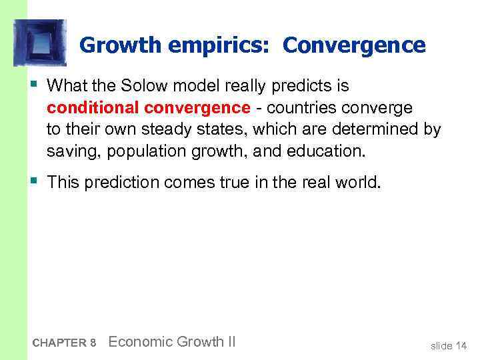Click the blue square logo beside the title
tap(41, 43)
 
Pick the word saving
tap(68, 151)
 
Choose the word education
tap(326, 151)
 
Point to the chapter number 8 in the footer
tap(93, 343)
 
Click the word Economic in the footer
tap(139, 342)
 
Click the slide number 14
tap(461, 345)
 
